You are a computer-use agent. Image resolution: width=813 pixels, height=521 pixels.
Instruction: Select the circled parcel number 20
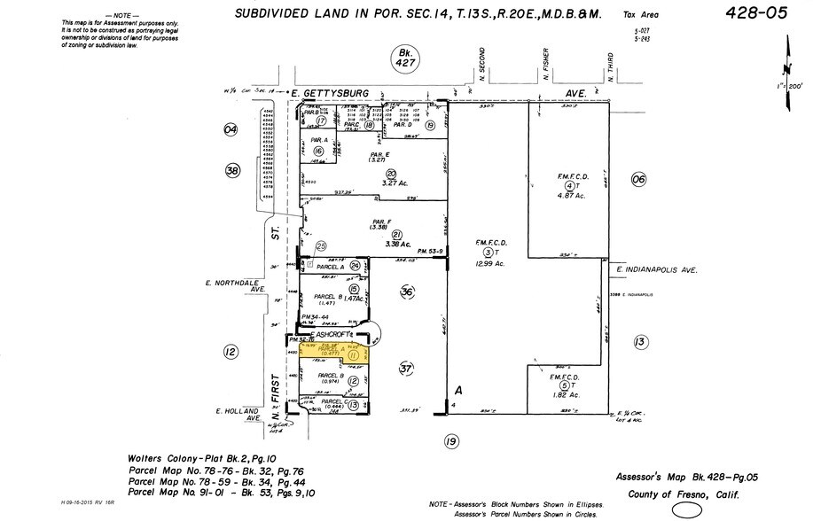coord(390,174)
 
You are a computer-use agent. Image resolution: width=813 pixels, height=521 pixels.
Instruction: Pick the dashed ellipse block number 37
coord(408,368)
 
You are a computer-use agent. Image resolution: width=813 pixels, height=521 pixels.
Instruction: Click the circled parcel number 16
coord(319,152)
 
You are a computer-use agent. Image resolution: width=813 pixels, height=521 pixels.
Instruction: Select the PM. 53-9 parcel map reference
coord(429,251)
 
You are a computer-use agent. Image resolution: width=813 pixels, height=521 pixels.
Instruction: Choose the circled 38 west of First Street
coord(233,170)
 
